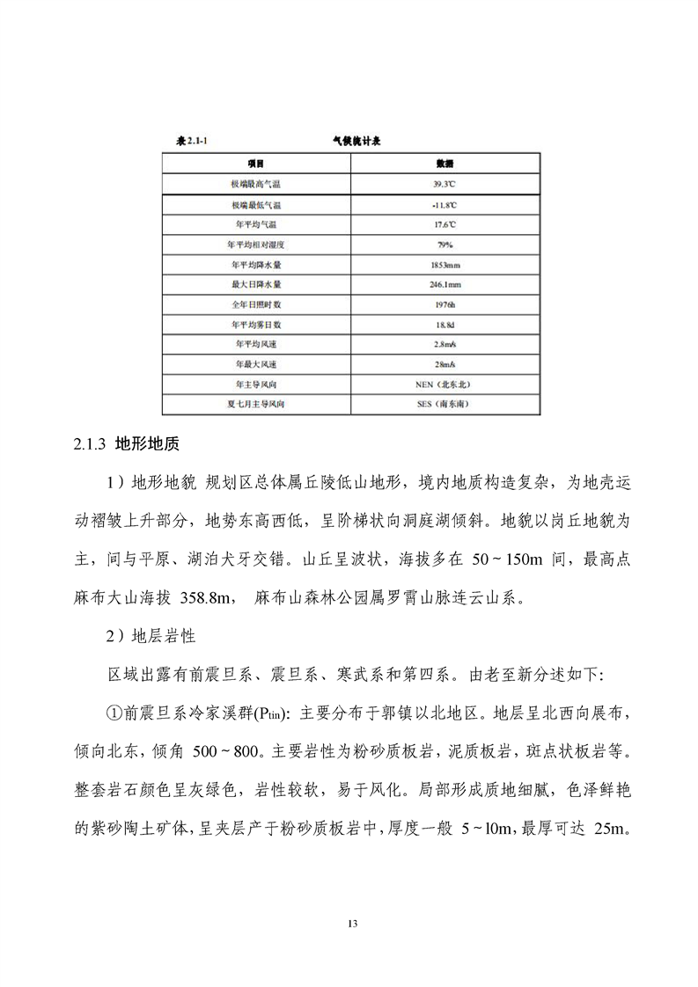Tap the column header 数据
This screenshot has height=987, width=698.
tap(445, 164)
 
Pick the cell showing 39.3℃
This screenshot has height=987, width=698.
tap(445, 184)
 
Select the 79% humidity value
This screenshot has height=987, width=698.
tap(445, 245)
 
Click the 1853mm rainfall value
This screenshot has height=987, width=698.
tap(445, 265)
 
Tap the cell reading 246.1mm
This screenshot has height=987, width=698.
tap(445, 285)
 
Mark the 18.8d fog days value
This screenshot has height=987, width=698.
tap(445, 325)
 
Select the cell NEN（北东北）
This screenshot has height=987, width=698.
tap(445, 385)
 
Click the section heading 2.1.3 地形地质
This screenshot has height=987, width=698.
tap(127, 444)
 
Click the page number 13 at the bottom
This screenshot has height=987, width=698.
tap(351, 923)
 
